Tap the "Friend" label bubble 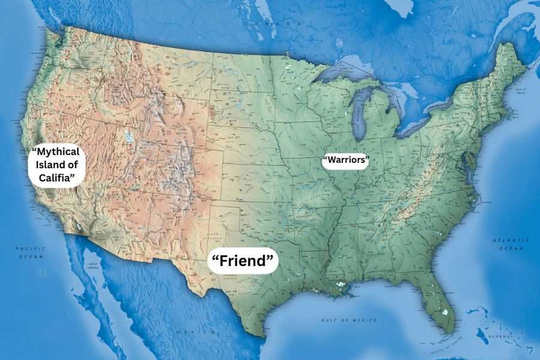coord(243,261)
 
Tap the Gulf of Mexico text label coord(343,320)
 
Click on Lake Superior coord(344,72)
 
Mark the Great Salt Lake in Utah coord(129,136)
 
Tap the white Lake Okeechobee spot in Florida coord(445,312)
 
